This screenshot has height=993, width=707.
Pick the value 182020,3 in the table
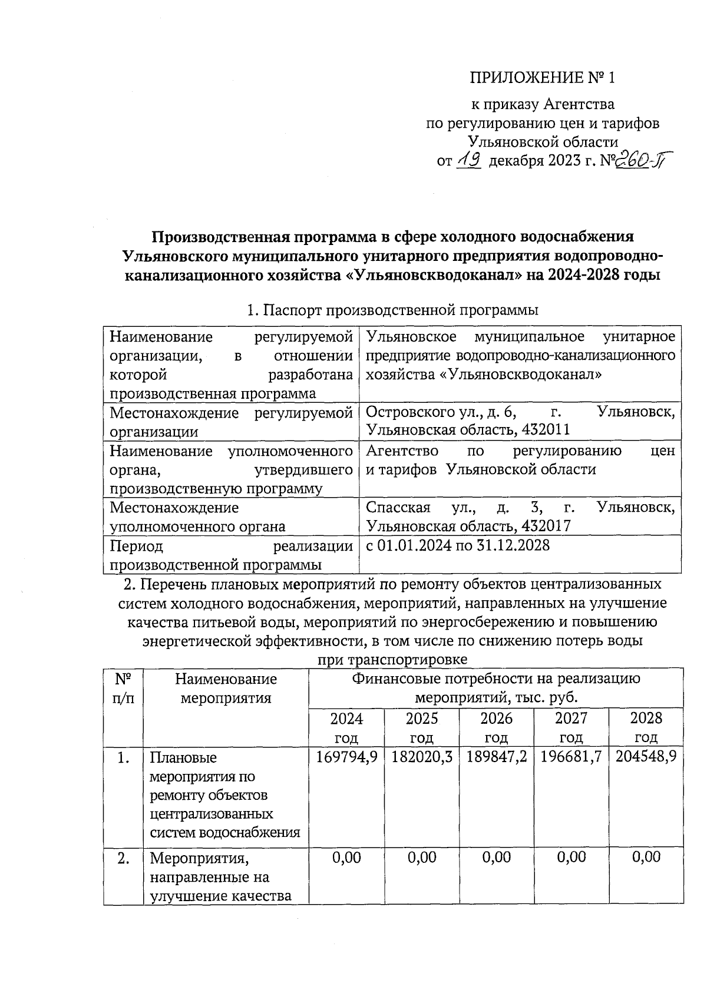click(x=421, y=757)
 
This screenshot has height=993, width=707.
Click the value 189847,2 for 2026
click(x=496, y=757)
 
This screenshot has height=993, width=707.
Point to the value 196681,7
click(x=571, y=757)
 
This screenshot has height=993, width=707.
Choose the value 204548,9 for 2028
click(x=646, y=757)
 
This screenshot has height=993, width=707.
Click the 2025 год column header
click(x=421, y=727)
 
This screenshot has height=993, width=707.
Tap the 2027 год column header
click(x=571, y=727)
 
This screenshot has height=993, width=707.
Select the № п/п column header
click(x=123, y=689)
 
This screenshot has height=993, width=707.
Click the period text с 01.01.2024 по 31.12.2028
click(x=458, y=545)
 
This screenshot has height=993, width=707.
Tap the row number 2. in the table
click(x=123, y=858)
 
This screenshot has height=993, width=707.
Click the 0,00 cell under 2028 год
click(x=646, y=857)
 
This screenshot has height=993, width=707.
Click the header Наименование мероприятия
click(x=226, y=689)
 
